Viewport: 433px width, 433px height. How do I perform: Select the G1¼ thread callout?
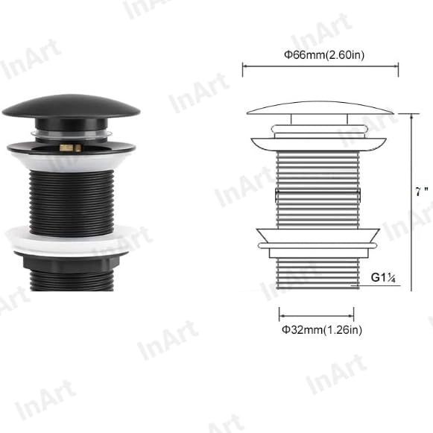coord(382,279)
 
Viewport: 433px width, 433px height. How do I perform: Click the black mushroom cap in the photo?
coord(70,107)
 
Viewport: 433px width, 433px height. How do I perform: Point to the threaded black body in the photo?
coord(71,197)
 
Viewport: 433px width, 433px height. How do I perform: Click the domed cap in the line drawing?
coord(320,108)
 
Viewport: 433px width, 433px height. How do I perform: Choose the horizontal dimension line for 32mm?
coord(320,314)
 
